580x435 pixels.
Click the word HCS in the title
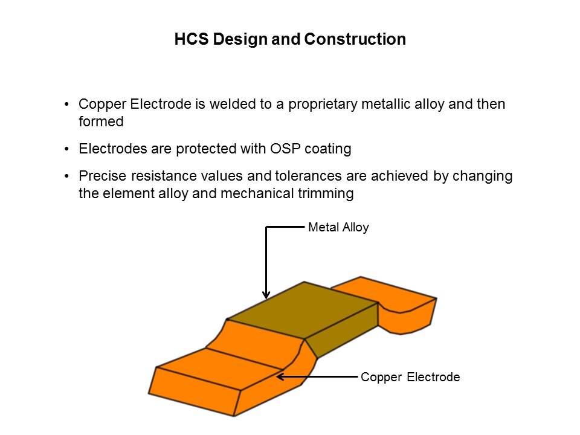pos(192,39)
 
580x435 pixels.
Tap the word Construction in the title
pos(355,39)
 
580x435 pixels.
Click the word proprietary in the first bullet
pos(323,105)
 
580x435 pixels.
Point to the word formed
pos(101,121)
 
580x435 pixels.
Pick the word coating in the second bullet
pos(327,149)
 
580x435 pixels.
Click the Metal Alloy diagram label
pos(338,227)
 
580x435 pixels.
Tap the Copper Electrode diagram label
pos(410,377)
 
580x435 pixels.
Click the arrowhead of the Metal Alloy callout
pos(266,295)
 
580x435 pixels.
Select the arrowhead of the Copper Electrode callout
pos(280,377)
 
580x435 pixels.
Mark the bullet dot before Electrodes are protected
pos(66,149)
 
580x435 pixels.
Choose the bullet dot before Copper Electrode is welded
pos(66,105)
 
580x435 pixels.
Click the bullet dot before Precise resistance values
pos(66,176)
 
